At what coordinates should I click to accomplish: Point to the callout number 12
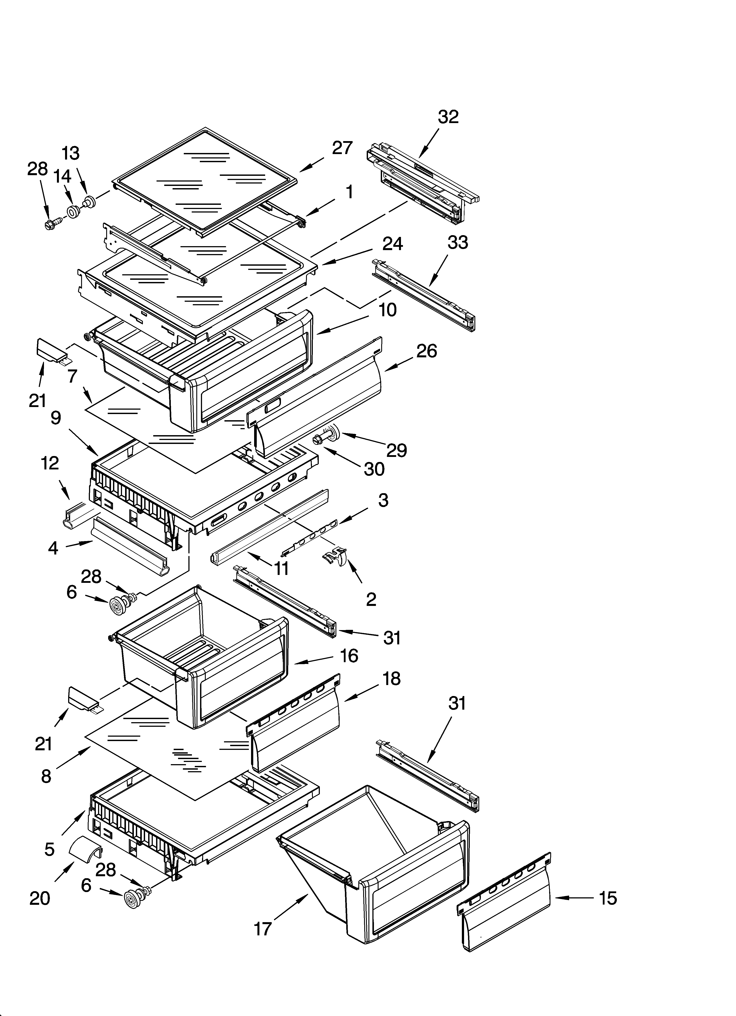(50, 463)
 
